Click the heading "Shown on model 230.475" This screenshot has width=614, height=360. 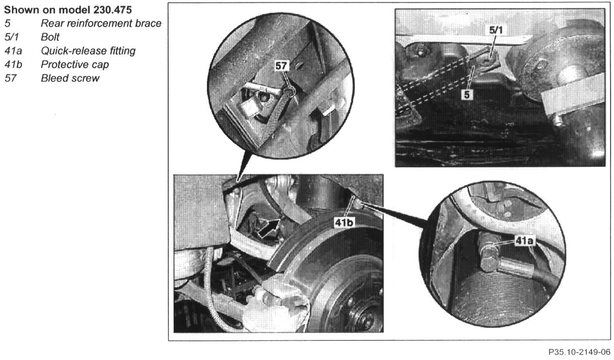(x=68, y=10)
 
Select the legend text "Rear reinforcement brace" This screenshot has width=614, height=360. (x=101, y=23)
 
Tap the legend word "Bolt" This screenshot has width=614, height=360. (x=50, y=37)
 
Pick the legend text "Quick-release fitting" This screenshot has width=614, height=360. (x=88, y=51)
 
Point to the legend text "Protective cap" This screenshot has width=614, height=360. (x=75, y=65)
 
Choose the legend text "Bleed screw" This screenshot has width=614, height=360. (x=70, y=78)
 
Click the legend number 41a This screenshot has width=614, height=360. (x=13, y=51)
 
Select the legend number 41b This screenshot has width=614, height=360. (x=13, y=65)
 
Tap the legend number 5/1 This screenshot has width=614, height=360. (x=11, y=37)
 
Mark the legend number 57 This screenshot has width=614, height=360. (x=10, y=78)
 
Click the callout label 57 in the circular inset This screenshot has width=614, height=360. (x=281, y=66)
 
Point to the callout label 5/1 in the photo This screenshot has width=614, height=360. (x=496, y=30)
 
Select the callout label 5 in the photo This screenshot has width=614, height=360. (x=467, y=95)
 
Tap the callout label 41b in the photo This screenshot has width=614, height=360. (x=344, y=222)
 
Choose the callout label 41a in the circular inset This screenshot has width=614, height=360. (x=524, y=241)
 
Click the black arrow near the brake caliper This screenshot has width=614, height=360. (x=269, y=228)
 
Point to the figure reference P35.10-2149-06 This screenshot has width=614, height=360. (x=579, y=352)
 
